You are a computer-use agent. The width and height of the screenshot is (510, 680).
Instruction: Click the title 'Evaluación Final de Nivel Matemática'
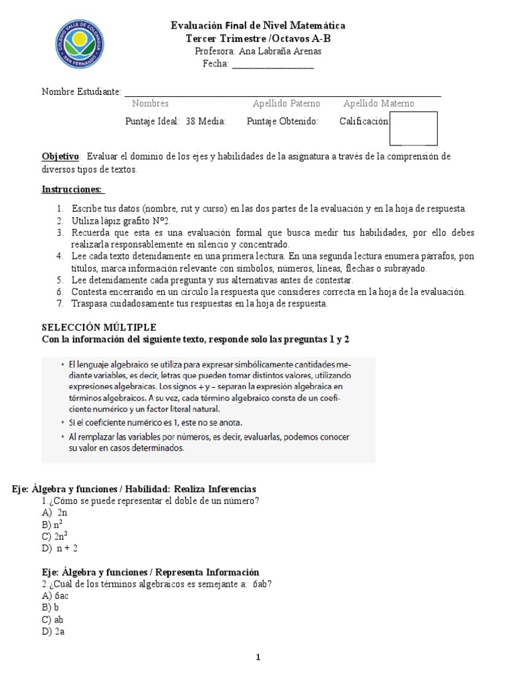click(x=258, y=25)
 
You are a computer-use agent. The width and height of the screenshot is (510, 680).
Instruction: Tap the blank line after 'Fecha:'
click(x=272, y=64)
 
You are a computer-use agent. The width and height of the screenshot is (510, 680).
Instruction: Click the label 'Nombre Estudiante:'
click(x=82, y=91)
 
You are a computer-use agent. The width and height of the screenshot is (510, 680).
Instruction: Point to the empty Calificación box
click(x=413, y=128)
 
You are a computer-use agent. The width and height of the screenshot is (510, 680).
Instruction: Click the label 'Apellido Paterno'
click(x=286, y=104)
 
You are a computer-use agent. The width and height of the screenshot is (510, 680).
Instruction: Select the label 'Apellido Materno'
click(x=379, y=104)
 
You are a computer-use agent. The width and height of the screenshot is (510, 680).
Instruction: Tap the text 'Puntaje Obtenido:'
click(x=282, y=122)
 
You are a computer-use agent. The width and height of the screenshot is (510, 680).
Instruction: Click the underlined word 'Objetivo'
click(x=60, y=156)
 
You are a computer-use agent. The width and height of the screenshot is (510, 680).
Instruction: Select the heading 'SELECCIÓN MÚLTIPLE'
click(x=99, y=327)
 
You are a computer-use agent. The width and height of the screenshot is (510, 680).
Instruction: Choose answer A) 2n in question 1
click(x=54, y=513)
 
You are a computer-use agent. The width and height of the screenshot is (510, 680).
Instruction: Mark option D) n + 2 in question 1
click(x=60, y=548)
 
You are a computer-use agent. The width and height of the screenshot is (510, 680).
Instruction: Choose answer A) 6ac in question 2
click(x=55, y=596)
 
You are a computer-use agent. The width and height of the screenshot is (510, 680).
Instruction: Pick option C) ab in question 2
click(x=52, y=620)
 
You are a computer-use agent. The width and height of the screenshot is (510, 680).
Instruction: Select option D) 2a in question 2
click(x=52, y=632)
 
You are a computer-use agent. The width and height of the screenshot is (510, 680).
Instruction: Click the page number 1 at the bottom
click(x=259, y=658)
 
